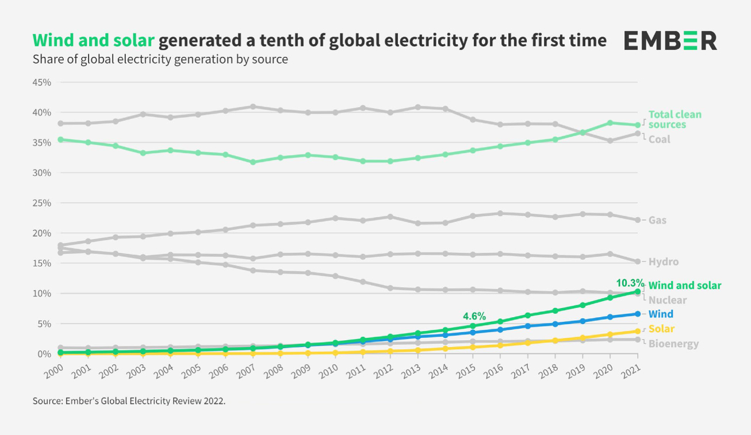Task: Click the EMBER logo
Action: click(x=670, y=41)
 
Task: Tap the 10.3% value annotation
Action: click(x=630, y=283)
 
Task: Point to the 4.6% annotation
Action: click(x=474, y=316)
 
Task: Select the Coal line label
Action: click(x=659, y=139)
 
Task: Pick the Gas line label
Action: click(x=657, y=220)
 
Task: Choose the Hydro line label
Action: click(x=663, y=262)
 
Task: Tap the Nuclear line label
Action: click(x=667, y=300)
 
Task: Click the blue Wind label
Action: click(x=660, y=314)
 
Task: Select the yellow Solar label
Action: click(x=661, y=329)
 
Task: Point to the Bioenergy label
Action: click(x=673, y=344)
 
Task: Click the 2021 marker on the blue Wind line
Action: click(x=637, y=314)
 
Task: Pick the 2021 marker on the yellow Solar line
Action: click(x=637, y=331)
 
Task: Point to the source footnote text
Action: click(x=129, y=401)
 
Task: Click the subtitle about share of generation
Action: click(x=160, y=59)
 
